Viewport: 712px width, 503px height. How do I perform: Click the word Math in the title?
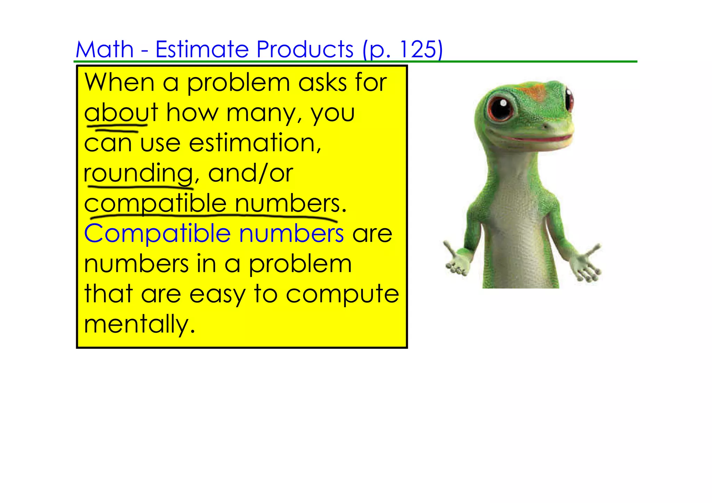click(x=105, y=49)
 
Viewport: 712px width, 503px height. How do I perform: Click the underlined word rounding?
click(x=138, y=173)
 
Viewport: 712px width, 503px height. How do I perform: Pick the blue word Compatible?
click(x=157, y=234)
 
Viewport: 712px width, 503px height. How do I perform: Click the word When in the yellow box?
click(x=119, y=83)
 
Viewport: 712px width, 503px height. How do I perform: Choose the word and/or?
click(x=250, y=173)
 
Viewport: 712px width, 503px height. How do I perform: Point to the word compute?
click(x=342, y=294)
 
